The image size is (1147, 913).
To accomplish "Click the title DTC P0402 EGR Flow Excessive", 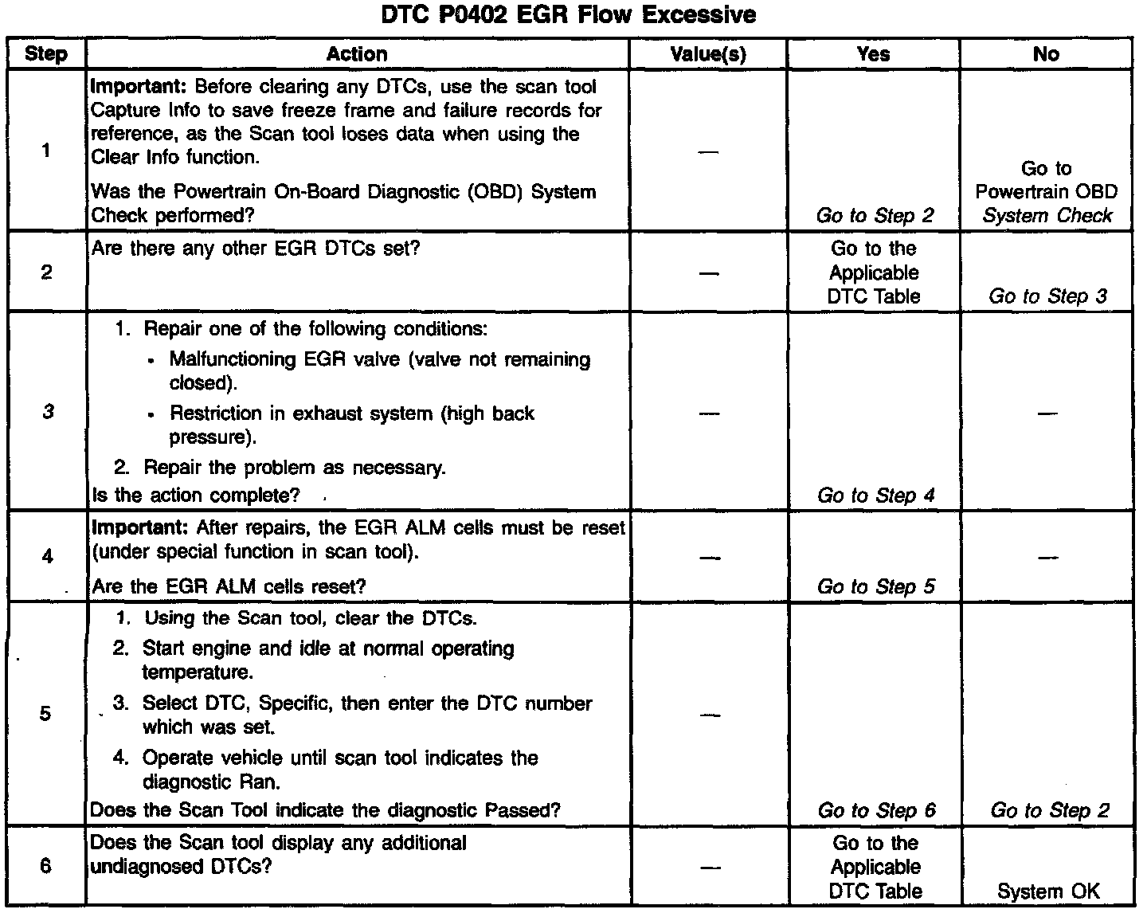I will tap(568, 14).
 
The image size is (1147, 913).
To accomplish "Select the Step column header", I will tap(46, 54).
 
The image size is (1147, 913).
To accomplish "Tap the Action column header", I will tap(357, 54).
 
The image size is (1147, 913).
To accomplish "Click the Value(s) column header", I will tap(708, 54).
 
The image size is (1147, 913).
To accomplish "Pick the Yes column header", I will tap(873, 54).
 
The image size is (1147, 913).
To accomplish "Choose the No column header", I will tap(1046, 54).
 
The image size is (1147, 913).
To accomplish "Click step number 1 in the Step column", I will tap(46, 151).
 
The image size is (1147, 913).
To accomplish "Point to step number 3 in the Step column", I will tap(48, 412).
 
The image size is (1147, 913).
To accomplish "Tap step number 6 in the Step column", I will tap(45, 866).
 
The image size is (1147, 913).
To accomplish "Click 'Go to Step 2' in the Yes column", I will tap(875, 216).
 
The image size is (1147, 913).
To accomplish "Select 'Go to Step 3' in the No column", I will tap(1047, 297).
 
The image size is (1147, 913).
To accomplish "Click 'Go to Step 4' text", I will tap(875, 496).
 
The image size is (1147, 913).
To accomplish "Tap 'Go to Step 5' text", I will tap(875, 587).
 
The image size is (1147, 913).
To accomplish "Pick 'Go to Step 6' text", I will tap(876, 811).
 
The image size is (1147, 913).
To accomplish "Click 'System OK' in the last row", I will tap(1047, 892).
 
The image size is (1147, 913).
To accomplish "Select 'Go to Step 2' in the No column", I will tap(1049, 811).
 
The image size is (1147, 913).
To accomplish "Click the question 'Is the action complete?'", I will tap(196, 496).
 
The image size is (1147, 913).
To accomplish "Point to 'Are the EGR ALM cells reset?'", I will tap(229, 587).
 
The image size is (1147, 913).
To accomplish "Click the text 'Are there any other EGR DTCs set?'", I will tap(256, 249).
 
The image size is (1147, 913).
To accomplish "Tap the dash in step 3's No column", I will tap(1046, 413).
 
